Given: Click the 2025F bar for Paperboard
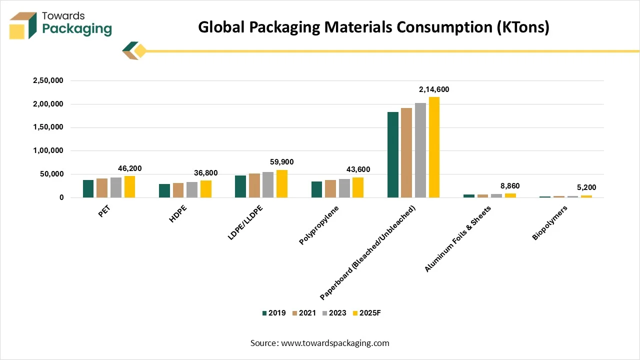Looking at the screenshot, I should [434, 147].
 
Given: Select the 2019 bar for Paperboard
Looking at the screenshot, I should [393, 154].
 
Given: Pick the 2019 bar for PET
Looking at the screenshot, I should [88, 188].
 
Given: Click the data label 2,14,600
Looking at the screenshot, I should [434, 89].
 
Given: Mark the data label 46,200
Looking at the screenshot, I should [129, 168].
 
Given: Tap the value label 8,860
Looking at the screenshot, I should [510, 186].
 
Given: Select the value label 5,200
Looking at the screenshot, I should [586, 188].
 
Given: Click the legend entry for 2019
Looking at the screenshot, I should [273, 313].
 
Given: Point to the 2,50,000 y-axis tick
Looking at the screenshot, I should [48, 80].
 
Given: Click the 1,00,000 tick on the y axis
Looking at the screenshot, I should [48, 150].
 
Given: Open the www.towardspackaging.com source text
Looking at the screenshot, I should [335, 343].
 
